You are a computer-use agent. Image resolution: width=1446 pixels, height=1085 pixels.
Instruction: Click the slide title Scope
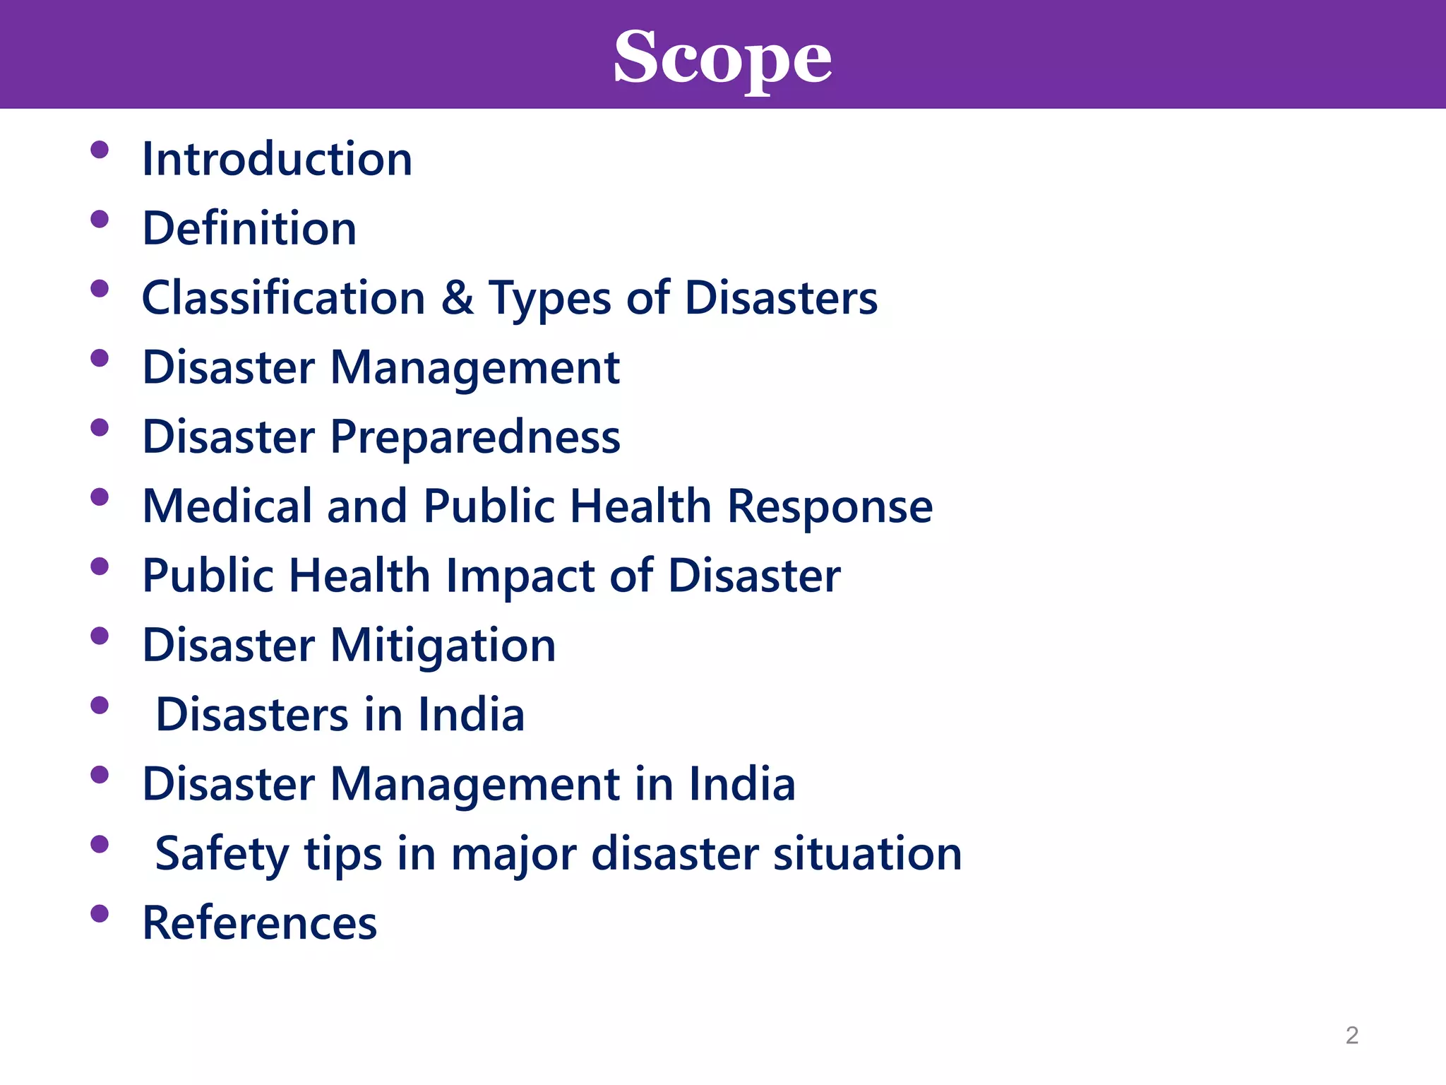[722, 58]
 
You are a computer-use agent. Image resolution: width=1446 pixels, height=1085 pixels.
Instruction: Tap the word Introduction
[277, 159]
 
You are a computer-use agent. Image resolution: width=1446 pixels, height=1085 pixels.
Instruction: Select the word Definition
[249, 229]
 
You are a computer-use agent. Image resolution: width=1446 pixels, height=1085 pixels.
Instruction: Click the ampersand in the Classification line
[457, 297]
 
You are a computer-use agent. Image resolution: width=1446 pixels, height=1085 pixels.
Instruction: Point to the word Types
[550, 298]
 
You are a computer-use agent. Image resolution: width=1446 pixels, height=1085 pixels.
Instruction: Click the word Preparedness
[475, 437]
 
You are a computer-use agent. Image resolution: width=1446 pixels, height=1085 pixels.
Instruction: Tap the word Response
[830, 507]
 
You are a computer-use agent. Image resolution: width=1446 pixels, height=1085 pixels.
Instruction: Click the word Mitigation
[443, 646]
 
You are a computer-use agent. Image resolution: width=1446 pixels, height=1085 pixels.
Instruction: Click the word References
[260, 923]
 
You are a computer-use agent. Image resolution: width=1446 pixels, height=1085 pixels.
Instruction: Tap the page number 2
[1351, 1035]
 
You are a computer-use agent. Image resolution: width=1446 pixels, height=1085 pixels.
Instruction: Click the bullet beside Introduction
[100, 150]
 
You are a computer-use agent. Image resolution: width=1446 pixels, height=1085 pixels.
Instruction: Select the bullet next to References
[100, 914]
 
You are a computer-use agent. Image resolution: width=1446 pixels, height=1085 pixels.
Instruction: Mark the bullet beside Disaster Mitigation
[100, 636]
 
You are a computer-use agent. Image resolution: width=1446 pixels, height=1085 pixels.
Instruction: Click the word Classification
[284, 297]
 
